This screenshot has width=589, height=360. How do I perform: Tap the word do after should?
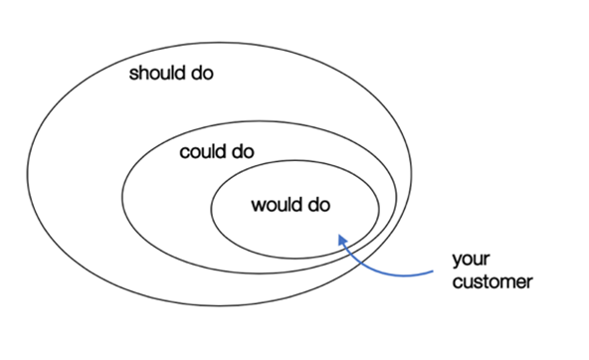[x=203, y=73]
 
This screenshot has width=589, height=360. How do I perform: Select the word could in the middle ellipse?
[x=203, y=152]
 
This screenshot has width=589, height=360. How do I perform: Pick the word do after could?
[x=243, y=152]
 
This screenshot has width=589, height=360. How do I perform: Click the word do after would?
[x=319, y=205]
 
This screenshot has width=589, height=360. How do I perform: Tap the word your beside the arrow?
[x=471, y=260]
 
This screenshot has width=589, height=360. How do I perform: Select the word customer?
[x=492, y=281]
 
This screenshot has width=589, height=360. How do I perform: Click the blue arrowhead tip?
[x=339, y=235]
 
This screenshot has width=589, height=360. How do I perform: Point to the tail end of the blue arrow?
[x=433, y=271]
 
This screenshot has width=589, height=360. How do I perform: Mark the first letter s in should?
[x=133, y=75]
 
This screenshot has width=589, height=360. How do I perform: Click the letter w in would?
[x=258, y=207]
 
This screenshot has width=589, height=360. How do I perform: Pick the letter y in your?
[x=458, y=262]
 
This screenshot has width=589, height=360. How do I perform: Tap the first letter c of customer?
[x=457, y=283]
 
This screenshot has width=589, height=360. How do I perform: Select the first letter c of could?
[x=184, y=153]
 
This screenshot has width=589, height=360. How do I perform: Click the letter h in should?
[x=144, y=73]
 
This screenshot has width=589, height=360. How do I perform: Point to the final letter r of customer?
[x=529, y=283]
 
